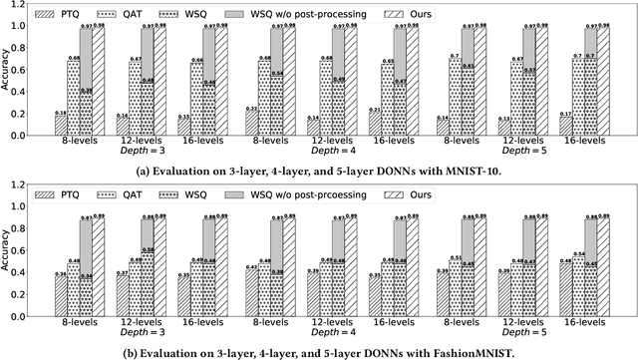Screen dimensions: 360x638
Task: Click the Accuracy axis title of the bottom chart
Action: tap(8, 255)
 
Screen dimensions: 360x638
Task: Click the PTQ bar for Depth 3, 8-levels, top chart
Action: tap(61, 126)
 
